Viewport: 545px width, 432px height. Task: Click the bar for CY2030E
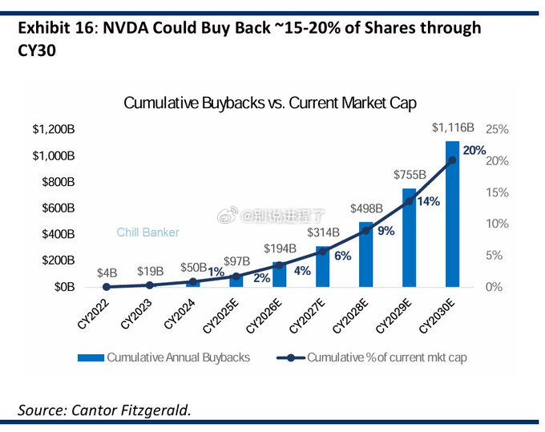click(x=452, y=214)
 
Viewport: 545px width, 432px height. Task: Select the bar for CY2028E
click(x=365, y=254)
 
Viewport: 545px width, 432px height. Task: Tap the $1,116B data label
click(x=453, y=127)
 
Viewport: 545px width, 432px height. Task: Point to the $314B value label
click(x=323, y=232)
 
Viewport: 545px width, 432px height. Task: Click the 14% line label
click(x=429, y=201)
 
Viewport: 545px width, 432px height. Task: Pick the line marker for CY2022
click(x=107, y=287)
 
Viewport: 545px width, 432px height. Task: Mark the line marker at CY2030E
click(x=452, y=160)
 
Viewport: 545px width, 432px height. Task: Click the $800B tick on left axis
click(x=58, y=182)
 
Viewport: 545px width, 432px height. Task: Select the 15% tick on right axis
click(x=497, y=192)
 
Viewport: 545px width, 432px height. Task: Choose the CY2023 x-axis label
click(x=136, y=314)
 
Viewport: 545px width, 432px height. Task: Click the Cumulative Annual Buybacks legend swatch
click(x=91, y=357)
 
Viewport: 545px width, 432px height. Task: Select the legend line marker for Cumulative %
click(x=291, y=357)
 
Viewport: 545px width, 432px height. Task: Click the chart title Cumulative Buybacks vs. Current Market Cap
click(x=270, y=103)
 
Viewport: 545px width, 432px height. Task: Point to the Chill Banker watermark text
click(x=147, y=232)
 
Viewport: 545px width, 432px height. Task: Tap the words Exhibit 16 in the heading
click(x=56, y=28)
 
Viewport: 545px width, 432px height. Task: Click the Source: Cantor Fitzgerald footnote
click(x=104, y=410)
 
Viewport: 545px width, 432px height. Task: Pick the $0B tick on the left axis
click(x=65, y=287)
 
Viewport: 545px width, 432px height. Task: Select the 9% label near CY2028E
click(x=386, y=231)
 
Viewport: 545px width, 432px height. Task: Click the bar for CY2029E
click(x=409, y=238)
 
